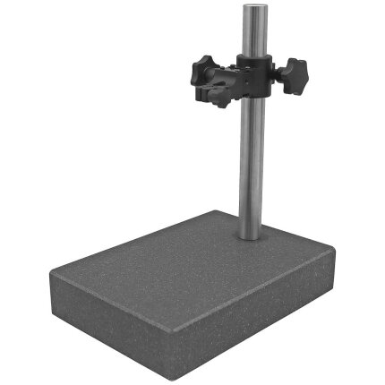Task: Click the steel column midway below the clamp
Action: point(251,161)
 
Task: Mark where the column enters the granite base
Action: point(251,235)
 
